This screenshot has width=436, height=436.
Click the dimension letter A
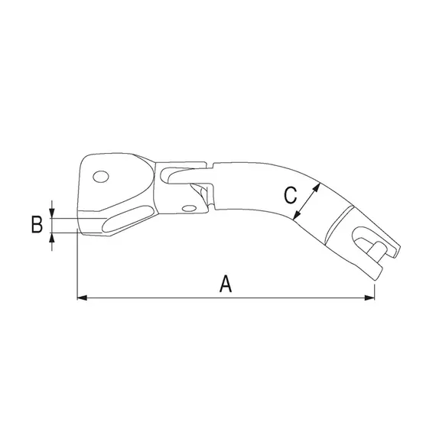pos(226,285)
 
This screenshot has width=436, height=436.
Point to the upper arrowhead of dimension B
pos(51,211)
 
